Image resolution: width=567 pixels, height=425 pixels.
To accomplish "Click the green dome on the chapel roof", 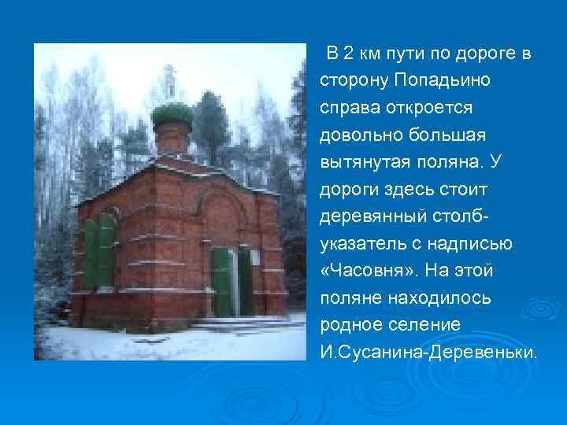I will tap(172, 115).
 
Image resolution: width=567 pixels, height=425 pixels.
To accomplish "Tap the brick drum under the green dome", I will tap(172, 141).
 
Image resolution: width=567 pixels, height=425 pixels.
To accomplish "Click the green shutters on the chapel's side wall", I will tap(100, 251).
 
